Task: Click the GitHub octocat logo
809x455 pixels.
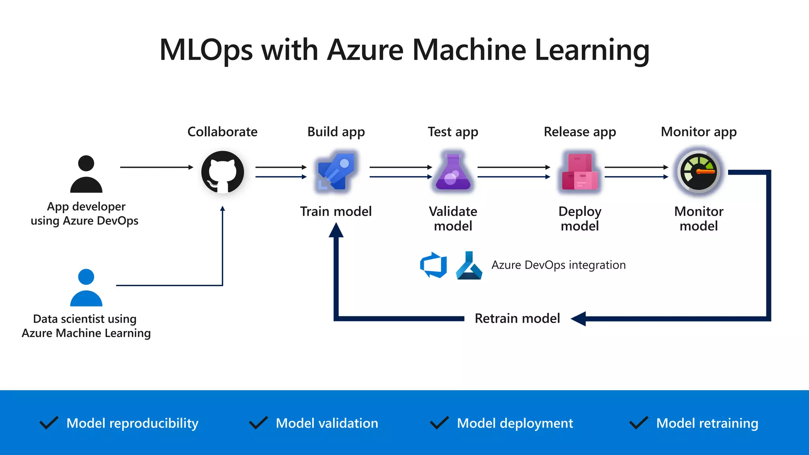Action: coord(222,172)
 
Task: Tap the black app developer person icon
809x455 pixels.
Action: coord(86,174)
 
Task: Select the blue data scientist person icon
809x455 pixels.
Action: coord(86,288)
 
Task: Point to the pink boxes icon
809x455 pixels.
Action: coord(579,172)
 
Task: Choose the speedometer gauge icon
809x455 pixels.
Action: coord(698,172)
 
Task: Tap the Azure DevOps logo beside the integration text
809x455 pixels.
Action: coord(433,265)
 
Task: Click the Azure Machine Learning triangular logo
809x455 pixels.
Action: coord(469,266)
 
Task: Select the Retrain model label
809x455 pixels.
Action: coord(517,318)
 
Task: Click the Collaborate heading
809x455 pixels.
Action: coord(222,132)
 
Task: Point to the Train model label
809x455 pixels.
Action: coord(336,211)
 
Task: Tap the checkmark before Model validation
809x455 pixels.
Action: coord(259,423)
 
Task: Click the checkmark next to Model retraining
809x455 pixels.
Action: coord(639,423)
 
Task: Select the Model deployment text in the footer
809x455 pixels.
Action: coord(515,423)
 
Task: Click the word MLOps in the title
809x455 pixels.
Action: coord(206,50)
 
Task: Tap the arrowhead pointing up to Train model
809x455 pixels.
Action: coord(336,230)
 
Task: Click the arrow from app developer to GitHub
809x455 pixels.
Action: coord(156,167)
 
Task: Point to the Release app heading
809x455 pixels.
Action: coord(579,132)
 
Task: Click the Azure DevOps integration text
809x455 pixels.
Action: coord(558,265)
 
